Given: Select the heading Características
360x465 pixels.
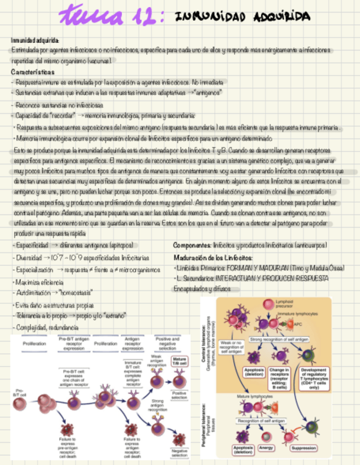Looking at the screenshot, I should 33,72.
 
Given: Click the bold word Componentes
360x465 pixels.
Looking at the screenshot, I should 192,245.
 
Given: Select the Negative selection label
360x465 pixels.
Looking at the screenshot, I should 179,453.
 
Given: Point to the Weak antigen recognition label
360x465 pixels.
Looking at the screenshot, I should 156,360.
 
